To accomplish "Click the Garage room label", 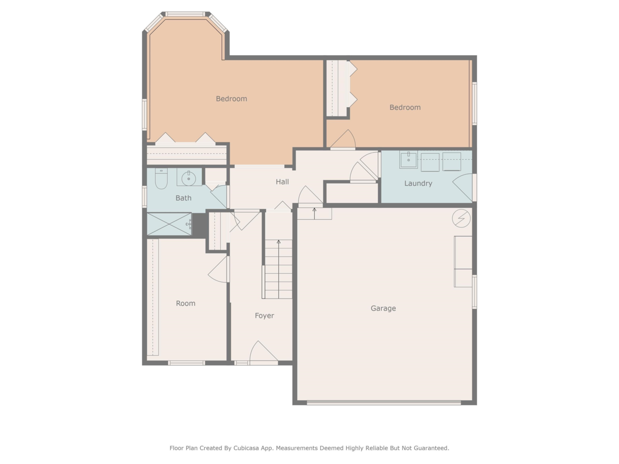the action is point(383,308).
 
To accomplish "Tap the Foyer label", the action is point(264,316).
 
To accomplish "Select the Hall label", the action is point(282,181).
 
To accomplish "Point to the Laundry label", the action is point(418,184).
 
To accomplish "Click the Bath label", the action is point(183,198).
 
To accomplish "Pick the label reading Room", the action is point(186,304).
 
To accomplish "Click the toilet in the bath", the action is point(161,178).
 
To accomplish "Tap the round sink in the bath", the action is point(189,178).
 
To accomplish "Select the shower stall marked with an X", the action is point(169,224).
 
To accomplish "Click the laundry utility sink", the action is point(409,159).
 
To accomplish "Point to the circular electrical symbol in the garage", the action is point(461,218).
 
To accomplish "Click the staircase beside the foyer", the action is point(278,269).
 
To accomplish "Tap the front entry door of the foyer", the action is point(264,352).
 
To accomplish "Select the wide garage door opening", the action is point(384,403).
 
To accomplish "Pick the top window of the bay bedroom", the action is point(185,14).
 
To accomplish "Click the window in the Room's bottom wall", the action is point(186,363).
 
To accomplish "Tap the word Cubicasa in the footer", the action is point(246,448).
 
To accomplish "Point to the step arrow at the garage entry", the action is point(315,213).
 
